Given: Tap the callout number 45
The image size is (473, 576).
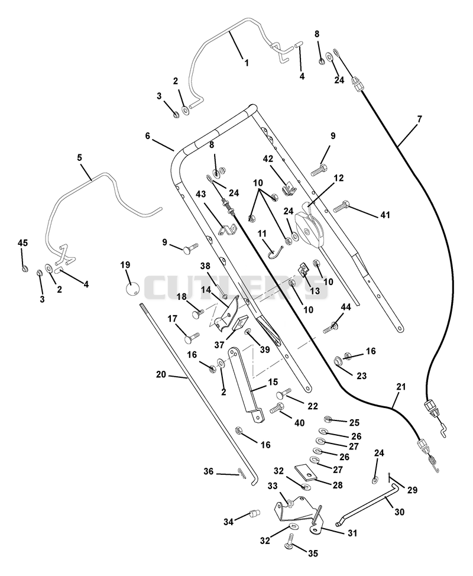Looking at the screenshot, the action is tap(23, 243).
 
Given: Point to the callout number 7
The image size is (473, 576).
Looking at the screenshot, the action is tap(419, 119).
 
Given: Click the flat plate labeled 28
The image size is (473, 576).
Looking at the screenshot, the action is tap(306, 472).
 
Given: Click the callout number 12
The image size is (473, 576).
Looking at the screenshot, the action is tap(339, 178).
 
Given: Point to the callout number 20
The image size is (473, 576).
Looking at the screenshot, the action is tap(161, 375).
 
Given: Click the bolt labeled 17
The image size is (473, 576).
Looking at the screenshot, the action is tap(190, 338).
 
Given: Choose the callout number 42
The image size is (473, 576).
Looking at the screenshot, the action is tap(268, 158).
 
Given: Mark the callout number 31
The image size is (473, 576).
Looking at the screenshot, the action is tap(352, 533).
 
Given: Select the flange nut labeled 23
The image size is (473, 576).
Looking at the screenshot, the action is tap(337, 361).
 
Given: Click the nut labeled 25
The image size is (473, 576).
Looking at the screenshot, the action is tap(328, 419).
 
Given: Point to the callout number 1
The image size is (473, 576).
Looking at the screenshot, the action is tap(247, 63).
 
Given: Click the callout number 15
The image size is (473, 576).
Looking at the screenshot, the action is tap(273, 381).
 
